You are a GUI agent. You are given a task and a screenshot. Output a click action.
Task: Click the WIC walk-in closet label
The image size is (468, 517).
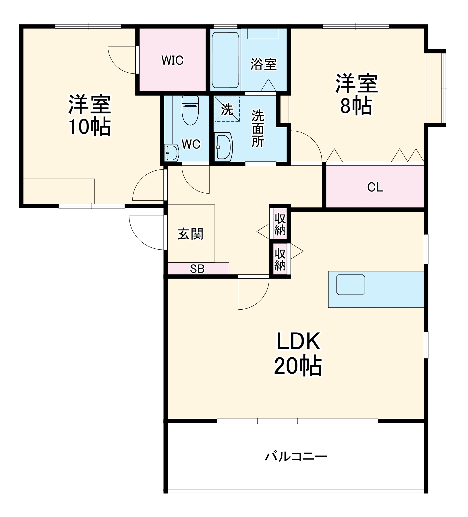pos(172,60)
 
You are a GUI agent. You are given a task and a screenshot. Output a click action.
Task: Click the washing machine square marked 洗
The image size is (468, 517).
pos(227,109)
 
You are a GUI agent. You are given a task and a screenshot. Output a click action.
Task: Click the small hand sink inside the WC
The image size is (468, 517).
pos(172,152)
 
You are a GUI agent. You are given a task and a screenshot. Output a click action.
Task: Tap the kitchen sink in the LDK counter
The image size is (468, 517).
pos(351,284)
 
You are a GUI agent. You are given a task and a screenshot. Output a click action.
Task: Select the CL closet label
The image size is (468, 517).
pos(375,188)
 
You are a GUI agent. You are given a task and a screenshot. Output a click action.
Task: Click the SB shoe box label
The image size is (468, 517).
pos(197,269)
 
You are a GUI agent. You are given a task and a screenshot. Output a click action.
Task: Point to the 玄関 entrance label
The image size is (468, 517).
pos(190,234)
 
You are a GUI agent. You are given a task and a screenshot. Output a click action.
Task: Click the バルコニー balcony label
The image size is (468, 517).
pos(296,456)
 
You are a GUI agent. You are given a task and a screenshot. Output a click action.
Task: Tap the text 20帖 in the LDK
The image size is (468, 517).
pos(298,366)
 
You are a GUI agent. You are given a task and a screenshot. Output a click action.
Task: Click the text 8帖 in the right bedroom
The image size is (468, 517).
pos(356,106)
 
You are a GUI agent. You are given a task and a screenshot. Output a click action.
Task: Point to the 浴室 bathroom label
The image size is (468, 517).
pos(264,64)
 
